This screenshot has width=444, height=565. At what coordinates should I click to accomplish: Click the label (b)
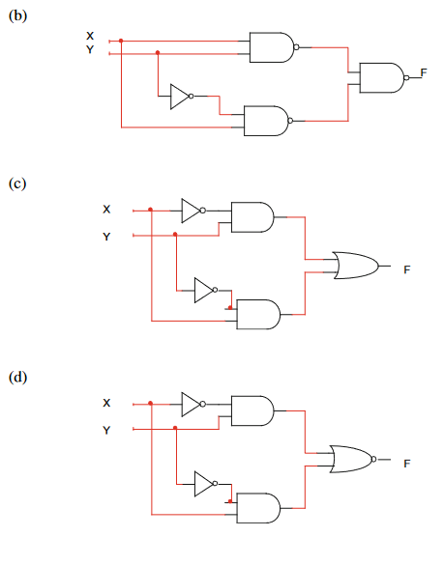pos(16,15)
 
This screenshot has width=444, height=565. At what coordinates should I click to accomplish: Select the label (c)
pos(16,183)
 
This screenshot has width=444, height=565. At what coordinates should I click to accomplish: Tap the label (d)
pos(16,377)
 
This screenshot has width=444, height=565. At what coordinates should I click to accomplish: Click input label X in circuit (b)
pos(90,36)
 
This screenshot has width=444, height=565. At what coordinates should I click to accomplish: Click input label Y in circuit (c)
pos(106,237)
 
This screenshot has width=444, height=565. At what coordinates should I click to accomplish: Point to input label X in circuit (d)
pos(106,403)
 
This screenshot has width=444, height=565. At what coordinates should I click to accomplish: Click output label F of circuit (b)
pos(424,72)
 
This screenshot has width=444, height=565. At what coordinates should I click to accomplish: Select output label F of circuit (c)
pos(407,269)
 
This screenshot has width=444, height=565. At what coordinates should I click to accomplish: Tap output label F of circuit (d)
pos(407,463)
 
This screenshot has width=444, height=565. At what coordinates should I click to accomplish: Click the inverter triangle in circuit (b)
pos(180,96)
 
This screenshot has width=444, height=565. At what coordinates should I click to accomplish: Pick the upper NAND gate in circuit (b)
pos(271,46)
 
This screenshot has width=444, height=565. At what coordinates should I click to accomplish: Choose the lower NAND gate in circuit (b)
pos(265,121)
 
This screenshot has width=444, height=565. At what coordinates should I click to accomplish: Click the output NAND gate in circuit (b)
pos(381,77)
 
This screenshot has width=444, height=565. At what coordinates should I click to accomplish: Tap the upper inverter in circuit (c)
pos(192,211)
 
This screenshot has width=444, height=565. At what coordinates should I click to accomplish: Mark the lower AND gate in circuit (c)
pos(257,313)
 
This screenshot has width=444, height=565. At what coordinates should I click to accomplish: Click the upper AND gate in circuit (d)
pos(251,410)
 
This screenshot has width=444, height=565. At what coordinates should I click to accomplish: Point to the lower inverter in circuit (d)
pos(204,482)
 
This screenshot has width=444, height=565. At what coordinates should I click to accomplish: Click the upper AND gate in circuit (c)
pos(251,217)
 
